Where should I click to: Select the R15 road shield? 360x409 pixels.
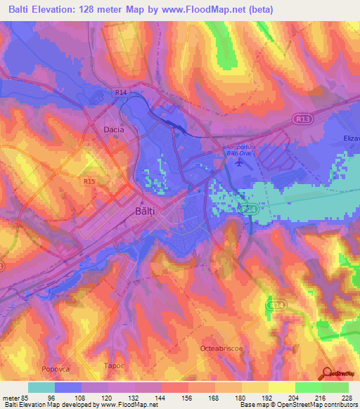[x=89, y=181]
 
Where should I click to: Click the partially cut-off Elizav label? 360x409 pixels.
[x=350, y=138]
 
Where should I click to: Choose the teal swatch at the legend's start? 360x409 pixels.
[x=41, y=387]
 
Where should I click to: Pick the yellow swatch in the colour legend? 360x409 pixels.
[x=281, y=387]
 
